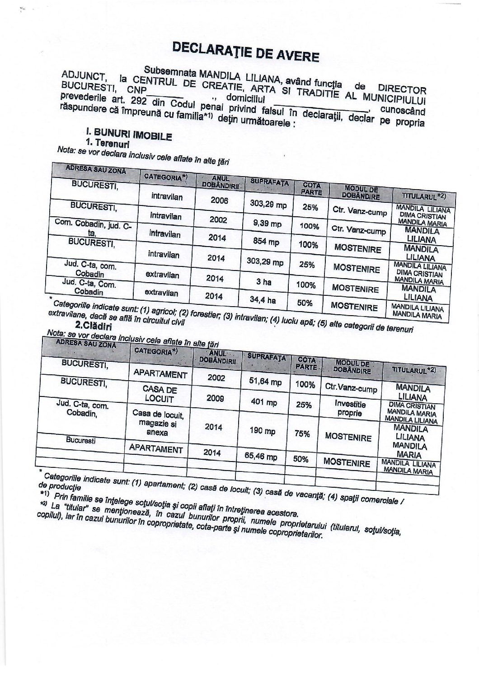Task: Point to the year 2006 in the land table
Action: [x=219, y=200]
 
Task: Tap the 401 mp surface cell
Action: [x=264, y=402]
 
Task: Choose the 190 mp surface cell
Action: [x=263, y=431]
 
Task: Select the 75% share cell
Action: [x=302, y=434]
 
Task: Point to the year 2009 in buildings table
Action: [x=215, y=398]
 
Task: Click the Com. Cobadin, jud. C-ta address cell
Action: [x=92, y=228]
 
